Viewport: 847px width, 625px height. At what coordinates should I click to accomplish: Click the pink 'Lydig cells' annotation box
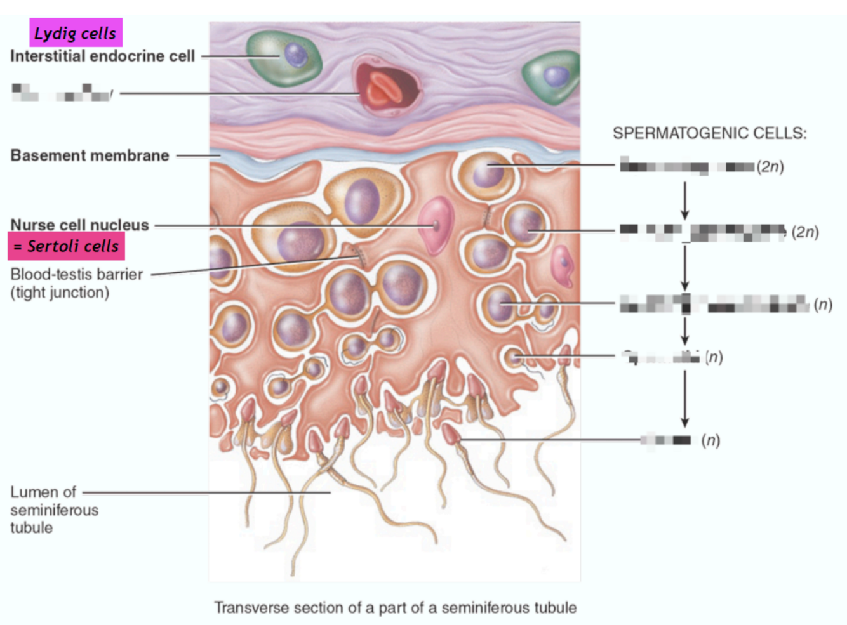click(x=76, y=33)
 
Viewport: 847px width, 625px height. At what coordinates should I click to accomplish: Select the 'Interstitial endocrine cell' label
click(x=102, y=56)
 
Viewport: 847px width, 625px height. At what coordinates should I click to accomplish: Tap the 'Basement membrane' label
click(x=90, y=155)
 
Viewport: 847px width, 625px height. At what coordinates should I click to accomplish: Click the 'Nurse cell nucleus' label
click(x=79, y=225)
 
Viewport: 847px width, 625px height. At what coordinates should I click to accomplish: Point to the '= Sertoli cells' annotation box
click(x=66, y=246)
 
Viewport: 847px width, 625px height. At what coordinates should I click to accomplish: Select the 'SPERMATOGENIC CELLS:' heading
click(x=709, y=133)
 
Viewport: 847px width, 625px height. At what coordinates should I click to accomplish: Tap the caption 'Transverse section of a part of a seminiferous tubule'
click(x=395, y=608)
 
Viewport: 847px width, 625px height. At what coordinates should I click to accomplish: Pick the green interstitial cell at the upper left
click(x=283, y=58)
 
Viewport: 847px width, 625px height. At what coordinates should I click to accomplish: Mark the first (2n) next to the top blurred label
click(x=770, y=167)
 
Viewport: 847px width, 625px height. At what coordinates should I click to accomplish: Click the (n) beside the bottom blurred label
click(x=710, y=440)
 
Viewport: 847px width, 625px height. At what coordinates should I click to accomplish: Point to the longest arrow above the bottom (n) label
click(x=684, y=398)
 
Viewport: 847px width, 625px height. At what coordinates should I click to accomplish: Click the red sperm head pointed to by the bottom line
click(x=451, y=434)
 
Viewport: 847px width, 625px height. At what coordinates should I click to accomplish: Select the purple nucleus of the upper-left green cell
click(x=295, y=54)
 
